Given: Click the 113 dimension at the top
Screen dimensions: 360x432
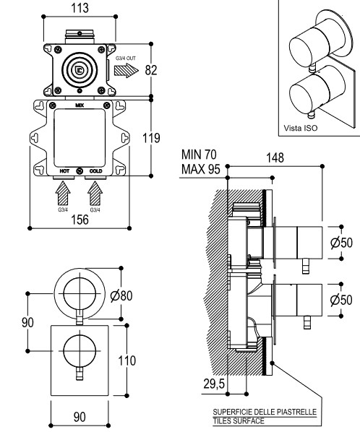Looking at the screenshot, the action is pyautogui.click(x=80, y=8).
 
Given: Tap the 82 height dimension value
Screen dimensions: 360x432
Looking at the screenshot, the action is pyautogui.click(x=151, y=70).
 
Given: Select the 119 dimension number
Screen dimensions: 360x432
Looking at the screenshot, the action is pyautogui.click(x=151, y=138).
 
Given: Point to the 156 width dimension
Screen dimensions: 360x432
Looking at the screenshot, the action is pyautogui.click(x=80, y=220).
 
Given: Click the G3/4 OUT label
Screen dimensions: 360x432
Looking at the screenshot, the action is pyautogui.click(x=126, y=59).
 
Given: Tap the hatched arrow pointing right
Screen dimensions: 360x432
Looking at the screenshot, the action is pyautogui.click(x=127, y=70).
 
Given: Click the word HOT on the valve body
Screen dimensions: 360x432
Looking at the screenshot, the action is pyautogui.click(x=64, y=171).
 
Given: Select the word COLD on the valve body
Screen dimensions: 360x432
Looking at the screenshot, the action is pyautogui.click(x=95, y=171).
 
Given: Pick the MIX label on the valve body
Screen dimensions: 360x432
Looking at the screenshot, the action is pyautogui.click(x=80, y=105).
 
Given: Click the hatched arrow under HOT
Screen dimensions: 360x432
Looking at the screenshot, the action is pyautogui.click(x=63, y=193).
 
